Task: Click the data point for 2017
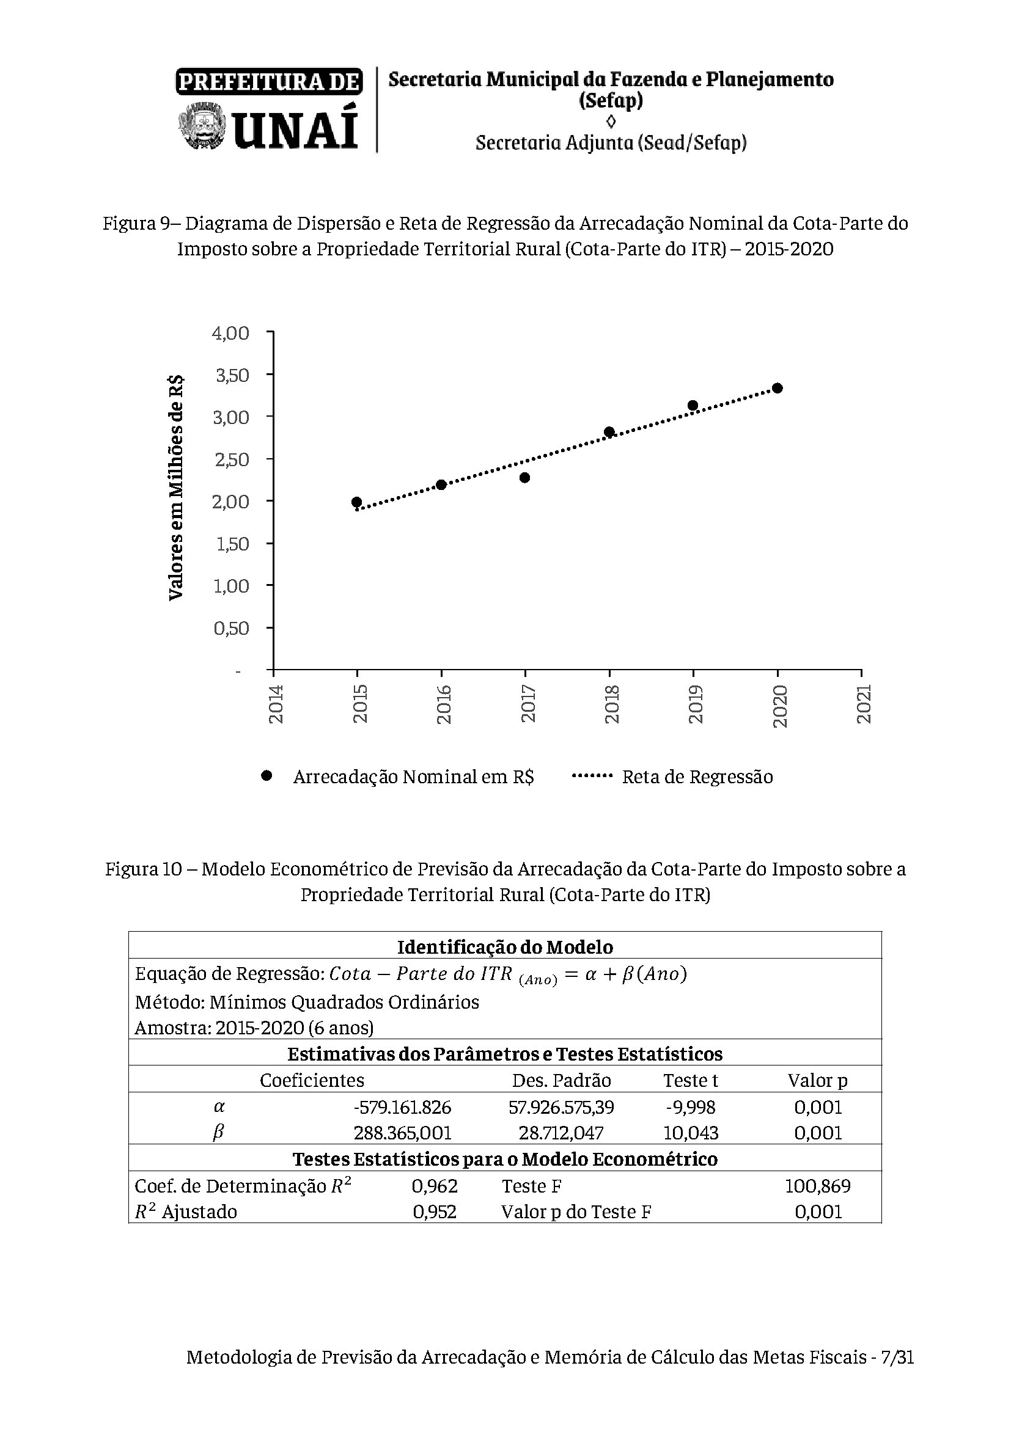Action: point(525,477)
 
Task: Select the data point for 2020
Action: point(777,388)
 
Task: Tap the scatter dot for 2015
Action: point(357,502)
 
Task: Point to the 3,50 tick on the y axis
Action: point(231,375)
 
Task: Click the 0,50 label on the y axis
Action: point(231,628)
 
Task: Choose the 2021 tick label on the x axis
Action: point(864,704)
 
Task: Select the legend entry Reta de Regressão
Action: point(697,777)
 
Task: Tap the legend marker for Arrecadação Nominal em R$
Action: point(267,775)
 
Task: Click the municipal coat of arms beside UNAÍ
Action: point(201,128)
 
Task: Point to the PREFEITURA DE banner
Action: point(269,81)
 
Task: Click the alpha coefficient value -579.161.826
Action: point(402,1107)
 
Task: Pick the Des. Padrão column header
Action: point(561,1081)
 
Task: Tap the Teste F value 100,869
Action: point(817,1186)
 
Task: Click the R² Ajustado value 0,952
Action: point(435,1211)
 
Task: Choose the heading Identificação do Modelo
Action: point(505,948)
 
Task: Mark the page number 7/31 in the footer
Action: point(897,1374)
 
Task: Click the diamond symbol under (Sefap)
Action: point(611,121)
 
